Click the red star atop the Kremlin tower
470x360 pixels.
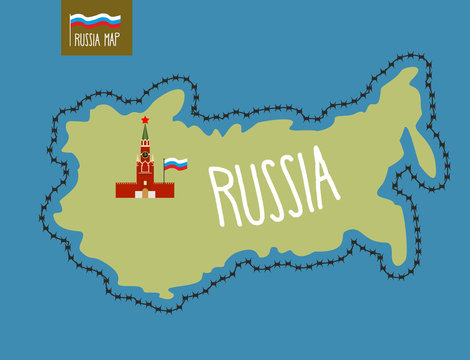pos(145,119)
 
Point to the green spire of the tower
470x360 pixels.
pos(145,133)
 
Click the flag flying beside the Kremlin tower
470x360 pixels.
pos(176,163)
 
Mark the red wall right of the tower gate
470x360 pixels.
pos(164,189)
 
